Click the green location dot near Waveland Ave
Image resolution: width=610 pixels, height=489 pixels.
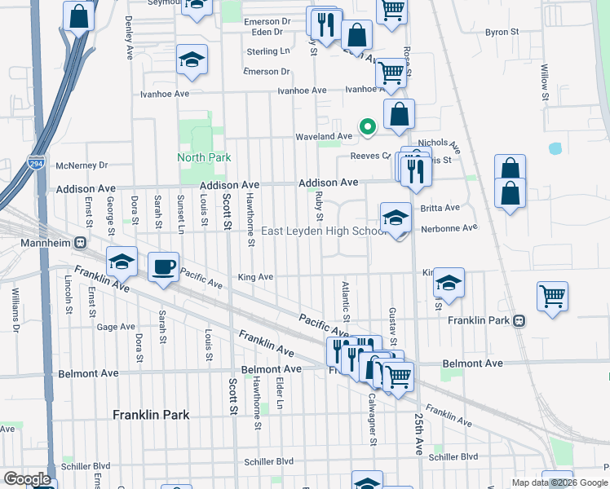pos(368,126)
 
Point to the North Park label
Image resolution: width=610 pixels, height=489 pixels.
pos(205,157)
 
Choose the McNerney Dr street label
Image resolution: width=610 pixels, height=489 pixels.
pos(82,165)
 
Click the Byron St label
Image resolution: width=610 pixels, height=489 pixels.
pos(502,32)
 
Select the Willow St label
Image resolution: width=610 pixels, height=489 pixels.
pos(544,74)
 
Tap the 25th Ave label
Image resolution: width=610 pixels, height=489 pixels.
pos(418,434)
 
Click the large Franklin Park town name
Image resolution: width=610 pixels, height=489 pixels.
pos(151,415)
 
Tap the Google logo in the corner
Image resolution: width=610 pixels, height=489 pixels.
pos(28,479)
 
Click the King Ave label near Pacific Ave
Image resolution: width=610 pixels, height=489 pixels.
pos(255,277)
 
